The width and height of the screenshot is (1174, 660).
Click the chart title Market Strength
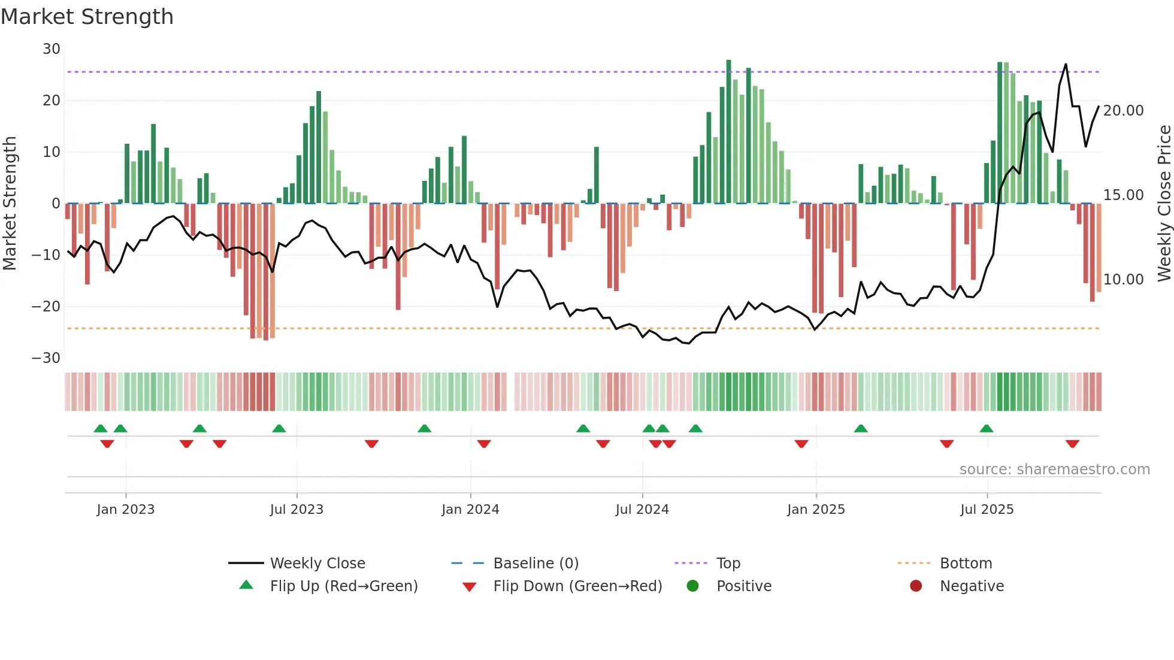click(87, 17)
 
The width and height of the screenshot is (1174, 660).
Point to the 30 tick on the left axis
click(52, 49)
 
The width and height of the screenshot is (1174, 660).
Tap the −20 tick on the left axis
click(46, 307)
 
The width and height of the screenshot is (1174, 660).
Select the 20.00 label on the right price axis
click(1123, 111)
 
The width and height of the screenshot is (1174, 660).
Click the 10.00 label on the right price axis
click(1123, 280)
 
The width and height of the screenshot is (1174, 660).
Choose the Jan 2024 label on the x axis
click(470, 510)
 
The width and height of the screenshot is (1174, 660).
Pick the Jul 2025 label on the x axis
click(987, 510)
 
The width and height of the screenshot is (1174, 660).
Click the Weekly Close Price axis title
click(1164, 204)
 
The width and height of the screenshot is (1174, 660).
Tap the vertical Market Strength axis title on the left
click(10, 204)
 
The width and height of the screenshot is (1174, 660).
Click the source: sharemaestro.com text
click(1054, 470)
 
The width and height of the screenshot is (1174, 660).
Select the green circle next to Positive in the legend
click(693, 586)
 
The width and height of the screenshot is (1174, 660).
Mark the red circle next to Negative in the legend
click(916, 586)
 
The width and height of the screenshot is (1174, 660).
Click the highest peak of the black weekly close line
click(1066, 64)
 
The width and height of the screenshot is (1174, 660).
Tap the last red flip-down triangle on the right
click(1072, 444)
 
